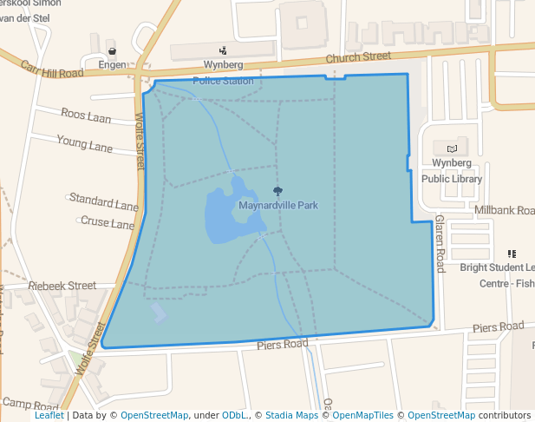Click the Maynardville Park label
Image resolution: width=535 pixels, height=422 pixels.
[277, 206]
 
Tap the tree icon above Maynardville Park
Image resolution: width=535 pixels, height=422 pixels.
[277, 191]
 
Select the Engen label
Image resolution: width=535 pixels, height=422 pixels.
[112, 65]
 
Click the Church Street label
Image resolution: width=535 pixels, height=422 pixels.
[358, 58]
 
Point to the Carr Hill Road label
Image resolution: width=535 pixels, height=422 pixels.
[51, 69]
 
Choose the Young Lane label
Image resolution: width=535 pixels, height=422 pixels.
[84, 142]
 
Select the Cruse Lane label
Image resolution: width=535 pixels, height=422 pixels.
[108, 223]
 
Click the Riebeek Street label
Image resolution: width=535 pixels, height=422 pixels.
[62, 285]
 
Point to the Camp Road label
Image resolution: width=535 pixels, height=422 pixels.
[29, 404]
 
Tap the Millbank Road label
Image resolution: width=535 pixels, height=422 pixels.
[504, 211]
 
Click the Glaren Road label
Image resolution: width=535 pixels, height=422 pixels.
[440, 243]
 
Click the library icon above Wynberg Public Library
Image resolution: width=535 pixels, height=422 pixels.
[451, 148]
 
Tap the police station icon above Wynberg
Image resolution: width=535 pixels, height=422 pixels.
[223, 50]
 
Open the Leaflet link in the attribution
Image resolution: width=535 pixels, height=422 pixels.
[49, 415]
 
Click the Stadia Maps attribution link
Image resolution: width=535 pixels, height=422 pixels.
[291, 415]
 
